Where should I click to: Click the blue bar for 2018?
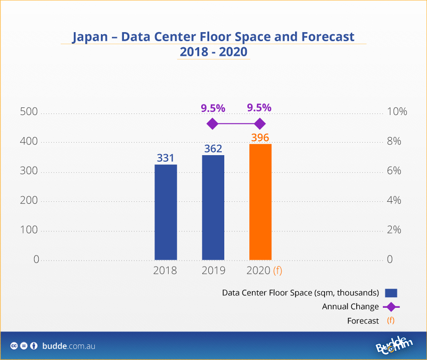pos(166,212)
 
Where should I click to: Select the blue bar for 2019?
pos(213,207)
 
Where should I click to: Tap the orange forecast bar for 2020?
pos(260,202)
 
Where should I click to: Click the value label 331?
pos(166,158)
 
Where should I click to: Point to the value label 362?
pos(213,149)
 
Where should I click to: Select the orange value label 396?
pos(260,138)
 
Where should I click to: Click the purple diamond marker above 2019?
pos(212,124)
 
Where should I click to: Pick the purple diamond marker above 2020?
pos(259,124)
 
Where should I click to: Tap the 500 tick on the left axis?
pos(29,112)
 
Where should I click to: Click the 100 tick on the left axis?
pos(29,230)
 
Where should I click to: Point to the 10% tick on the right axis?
pos(397,112)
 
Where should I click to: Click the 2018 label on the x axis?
pos(165,271)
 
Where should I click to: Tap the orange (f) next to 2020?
pos(277,271)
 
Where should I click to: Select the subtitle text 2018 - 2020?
pos(213,52)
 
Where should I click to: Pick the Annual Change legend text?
pos(350,307)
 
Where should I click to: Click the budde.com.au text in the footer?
pos(69,346)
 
